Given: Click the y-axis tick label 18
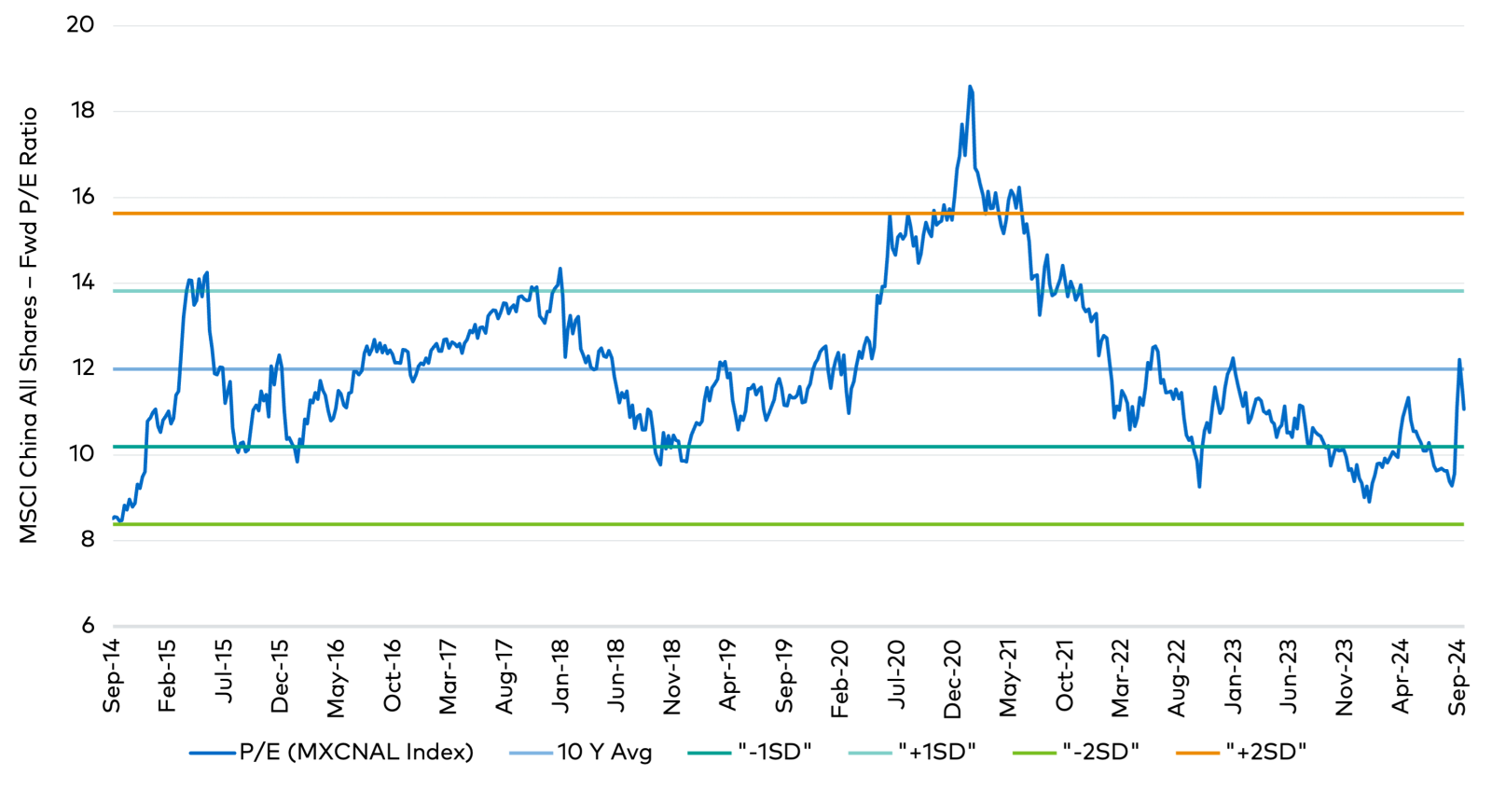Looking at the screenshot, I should coord(83,111).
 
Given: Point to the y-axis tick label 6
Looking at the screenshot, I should coord(88,625).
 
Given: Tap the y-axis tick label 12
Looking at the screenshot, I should coord(83,367).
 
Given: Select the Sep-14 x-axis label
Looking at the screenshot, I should coord(112,676).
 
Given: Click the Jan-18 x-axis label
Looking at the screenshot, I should coord(560,676).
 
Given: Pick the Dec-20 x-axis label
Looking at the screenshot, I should coord(952,679).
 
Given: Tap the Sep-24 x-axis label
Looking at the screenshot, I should coord(1457,677).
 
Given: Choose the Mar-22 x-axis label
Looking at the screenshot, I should coord(1121,678).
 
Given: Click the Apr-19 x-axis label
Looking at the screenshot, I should coord(728,676).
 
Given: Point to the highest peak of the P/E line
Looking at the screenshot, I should coord(970,87).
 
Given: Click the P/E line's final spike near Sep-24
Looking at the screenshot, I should coord(1459,360).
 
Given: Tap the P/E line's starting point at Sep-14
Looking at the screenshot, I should coord(114,518).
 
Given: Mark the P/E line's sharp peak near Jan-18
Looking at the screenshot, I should coord(559,269).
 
